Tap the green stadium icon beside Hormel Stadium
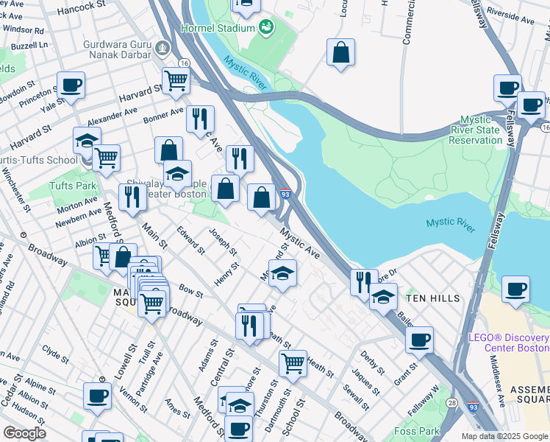click(x=265, y=28)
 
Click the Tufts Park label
click(x=74, y=186)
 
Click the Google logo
click(x=24, y=432)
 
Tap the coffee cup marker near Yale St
click(x=71, y=85)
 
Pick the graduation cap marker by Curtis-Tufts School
click(x=87, y=139)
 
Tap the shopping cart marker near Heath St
click(x=293, y=362)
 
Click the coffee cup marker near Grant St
click(x=419, y=340)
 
